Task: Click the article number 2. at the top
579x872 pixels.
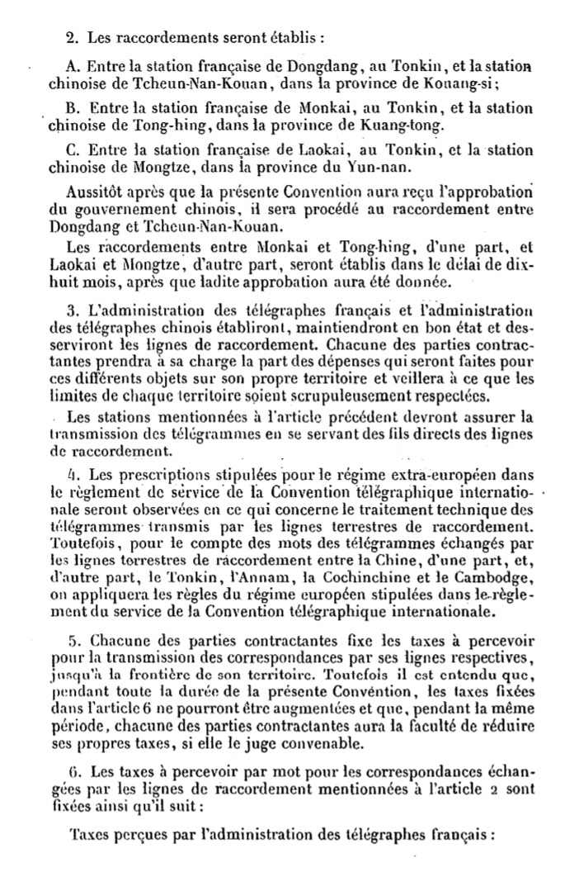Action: [x=71, y=36]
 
